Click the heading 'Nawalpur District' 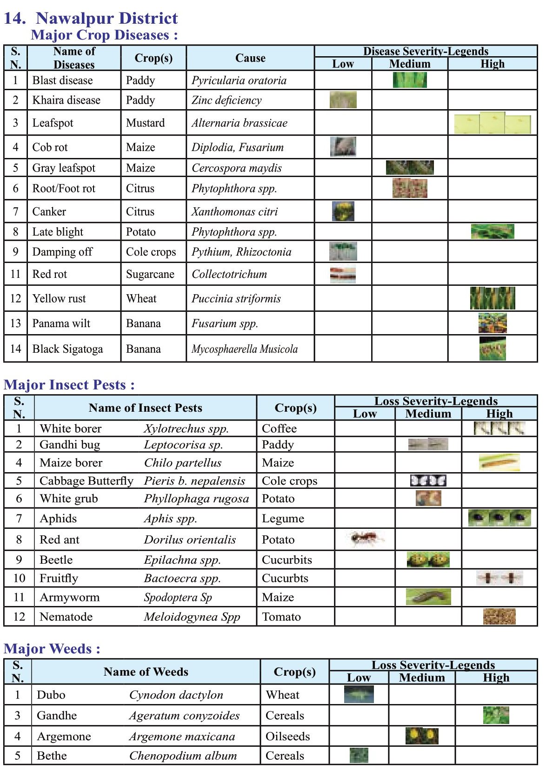click(x=107, y=18)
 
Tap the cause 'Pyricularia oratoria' click(x=239, y=80)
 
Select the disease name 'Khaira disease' click(x=66, y=100)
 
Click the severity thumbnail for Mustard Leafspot click(x=492, y=123)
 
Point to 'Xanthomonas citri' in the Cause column click(x=234, y=212)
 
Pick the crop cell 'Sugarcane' click(x=150, y=274)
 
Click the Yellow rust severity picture click(x=493, y=298)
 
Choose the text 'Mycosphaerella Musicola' click(x=245, y=349)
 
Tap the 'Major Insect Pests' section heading click(x=69, y=385)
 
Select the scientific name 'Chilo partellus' click(x=182, y=463)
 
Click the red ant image click(x=366, y=539)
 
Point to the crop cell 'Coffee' click(x=279, y=428)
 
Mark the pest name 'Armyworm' click(x=69, y=597)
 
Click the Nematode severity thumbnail click(x=499, y=616)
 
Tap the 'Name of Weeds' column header click(x=146, y=671)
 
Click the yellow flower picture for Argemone click(x=422, y=736)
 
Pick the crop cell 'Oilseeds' click(x=287, y=737)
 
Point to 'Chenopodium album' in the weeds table click(x=183, y=756)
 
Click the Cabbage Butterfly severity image click(x=428, y=480)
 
